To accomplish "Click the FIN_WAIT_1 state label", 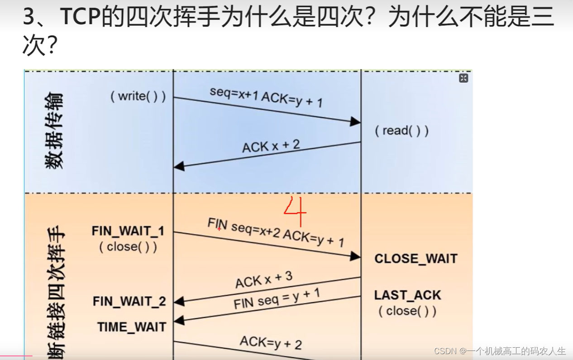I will [x=128, y=231].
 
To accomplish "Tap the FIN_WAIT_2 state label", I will [x=129, y=301].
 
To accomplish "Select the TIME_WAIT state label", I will [x=131, y=327].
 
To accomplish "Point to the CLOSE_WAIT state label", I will [x=416, y=259].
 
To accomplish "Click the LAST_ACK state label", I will [x=407, y=295].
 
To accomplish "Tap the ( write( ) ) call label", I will [x=138, y=96].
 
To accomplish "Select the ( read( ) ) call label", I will [x=401, y=130].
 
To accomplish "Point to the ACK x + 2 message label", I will [x=271, y=146].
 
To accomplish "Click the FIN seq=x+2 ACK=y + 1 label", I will [x=276, y=232].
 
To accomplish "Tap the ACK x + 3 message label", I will [x=263, y=279].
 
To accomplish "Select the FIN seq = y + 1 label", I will [x=277, y=298].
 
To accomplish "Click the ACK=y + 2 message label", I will [x=270, y=343].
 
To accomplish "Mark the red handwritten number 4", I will [x=295, y=211].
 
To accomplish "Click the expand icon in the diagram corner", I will [x=463, y=78].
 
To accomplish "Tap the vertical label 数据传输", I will [x=55, y=131].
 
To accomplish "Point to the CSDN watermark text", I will [x=500, y=351].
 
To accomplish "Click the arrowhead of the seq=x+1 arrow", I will [x=356, y=121].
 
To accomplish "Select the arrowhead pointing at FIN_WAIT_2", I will [x=179, y=302].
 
